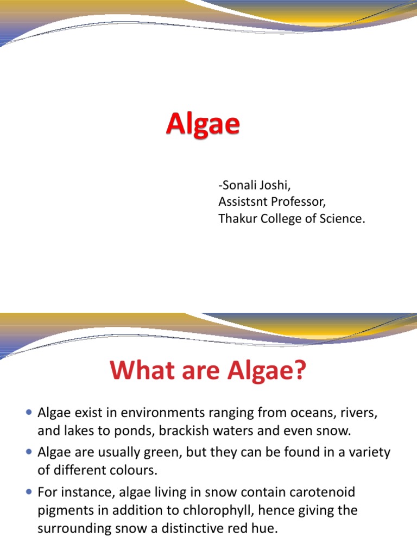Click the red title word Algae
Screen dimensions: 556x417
pyautogui.click(x=203, y=125)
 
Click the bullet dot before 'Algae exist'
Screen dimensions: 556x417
pyautogui.click(x=29, y=413)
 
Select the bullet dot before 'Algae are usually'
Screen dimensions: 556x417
pyautogui.click(x=29, y=452)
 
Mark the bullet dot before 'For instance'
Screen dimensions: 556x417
pyautogui.click(x=29, y=491)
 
